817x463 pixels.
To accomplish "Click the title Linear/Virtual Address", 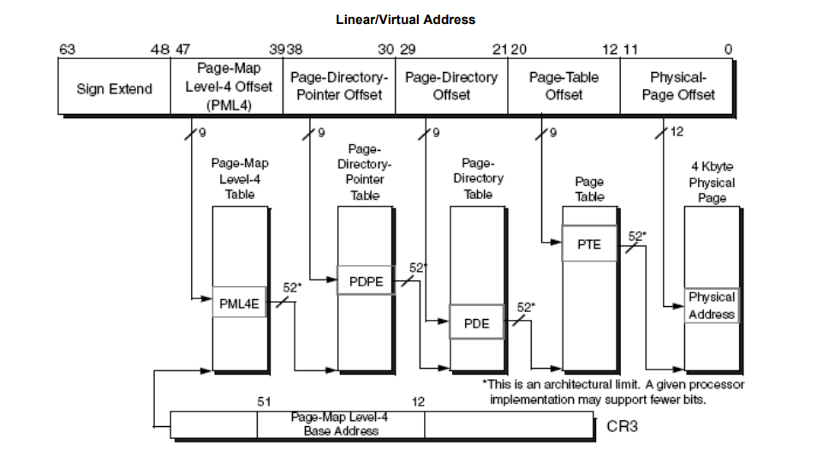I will (405, 19).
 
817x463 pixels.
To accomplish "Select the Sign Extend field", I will (114, 89).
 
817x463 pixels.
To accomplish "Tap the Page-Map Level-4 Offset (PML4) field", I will (228, 86).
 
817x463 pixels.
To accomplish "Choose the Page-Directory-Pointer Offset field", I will (339, 86).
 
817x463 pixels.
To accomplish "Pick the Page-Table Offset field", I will (564, 86).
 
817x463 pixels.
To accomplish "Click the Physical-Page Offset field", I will (677, 86).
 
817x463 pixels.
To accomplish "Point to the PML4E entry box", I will (239, 303).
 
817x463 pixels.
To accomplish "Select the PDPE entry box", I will (365, 280).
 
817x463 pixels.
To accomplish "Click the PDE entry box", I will (476, 323).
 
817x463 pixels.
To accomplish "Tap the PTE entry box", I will (589, 244).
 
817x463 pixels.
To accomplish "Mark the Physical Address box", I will (712, 305).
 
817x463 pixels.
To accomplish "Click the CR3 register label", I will (623, 425).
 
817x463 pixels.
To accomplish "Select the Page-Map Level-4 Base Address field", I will (340, 424).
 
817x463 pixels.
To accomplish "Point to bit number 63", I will (66, 49).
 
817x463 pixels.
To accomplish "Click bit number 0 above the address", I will (728, 49).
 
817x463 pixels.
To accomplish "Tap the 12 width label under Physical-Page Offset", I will (677, 132).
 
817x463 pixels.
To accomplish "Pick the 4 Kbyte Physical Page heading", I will (712, 182).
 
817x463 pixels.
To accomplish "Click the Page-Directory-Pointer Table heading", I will (365, 171).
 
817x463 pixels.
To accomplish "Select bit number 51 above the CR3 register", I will (264, 401).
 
